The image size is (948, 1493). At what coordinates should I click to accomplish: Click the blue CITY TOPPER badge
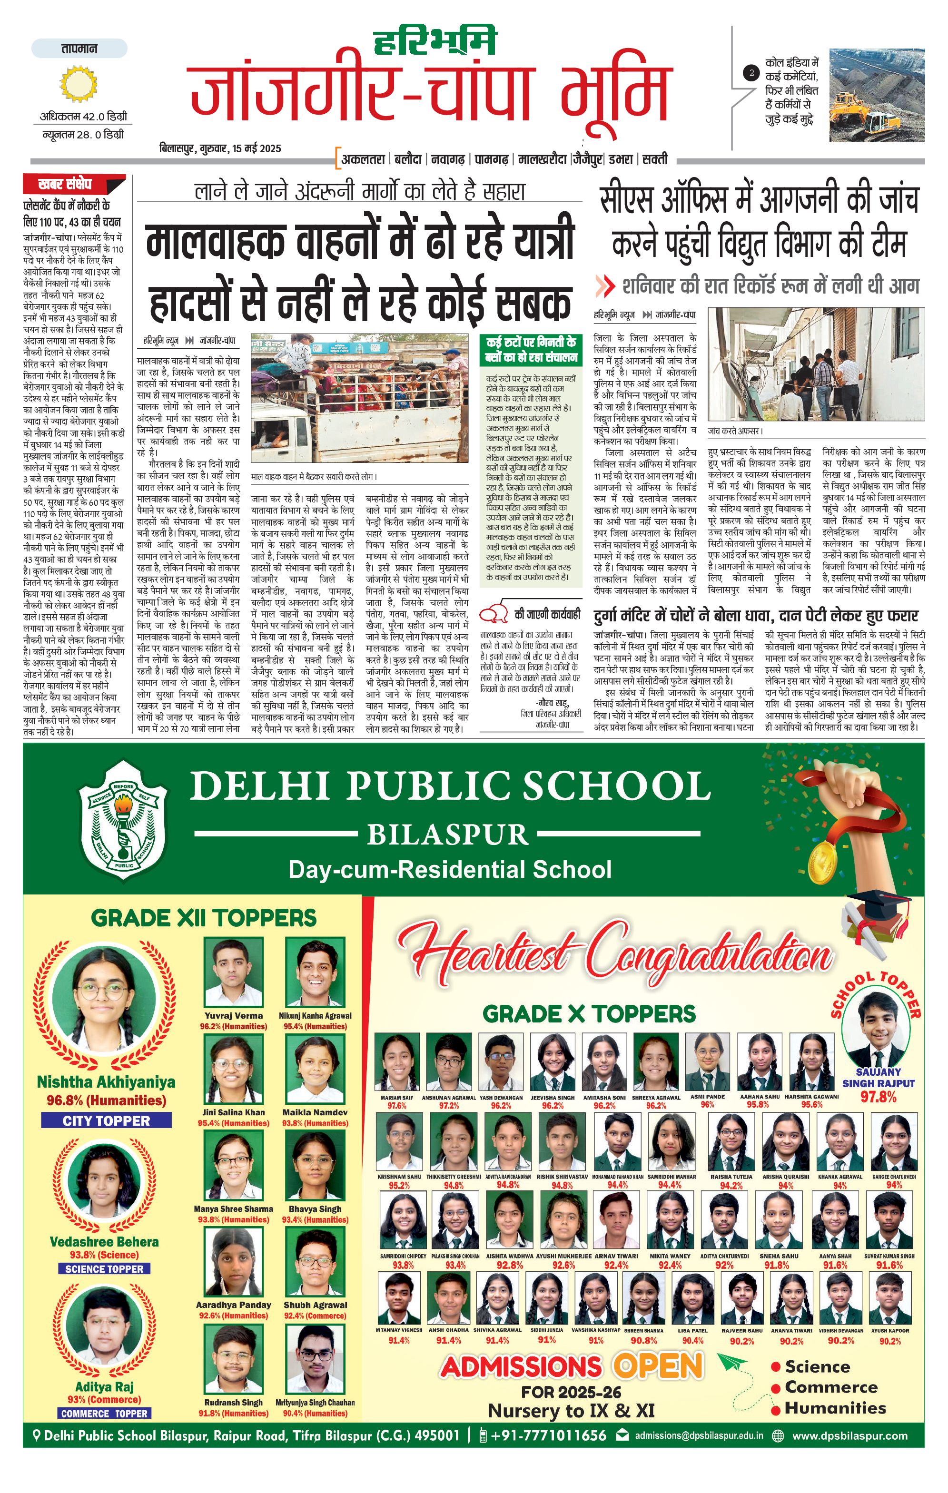(x=106, y=1121)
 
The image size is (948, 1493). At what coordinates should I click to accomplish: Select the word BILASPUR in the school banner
(x=448, y=835)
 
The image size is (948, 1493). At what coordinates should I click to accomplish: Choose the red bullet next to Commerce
(x=776, y=1387)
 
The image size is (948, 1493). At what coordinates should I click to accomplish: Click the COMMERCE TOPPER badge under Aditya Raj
(x=105, y=1414)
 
